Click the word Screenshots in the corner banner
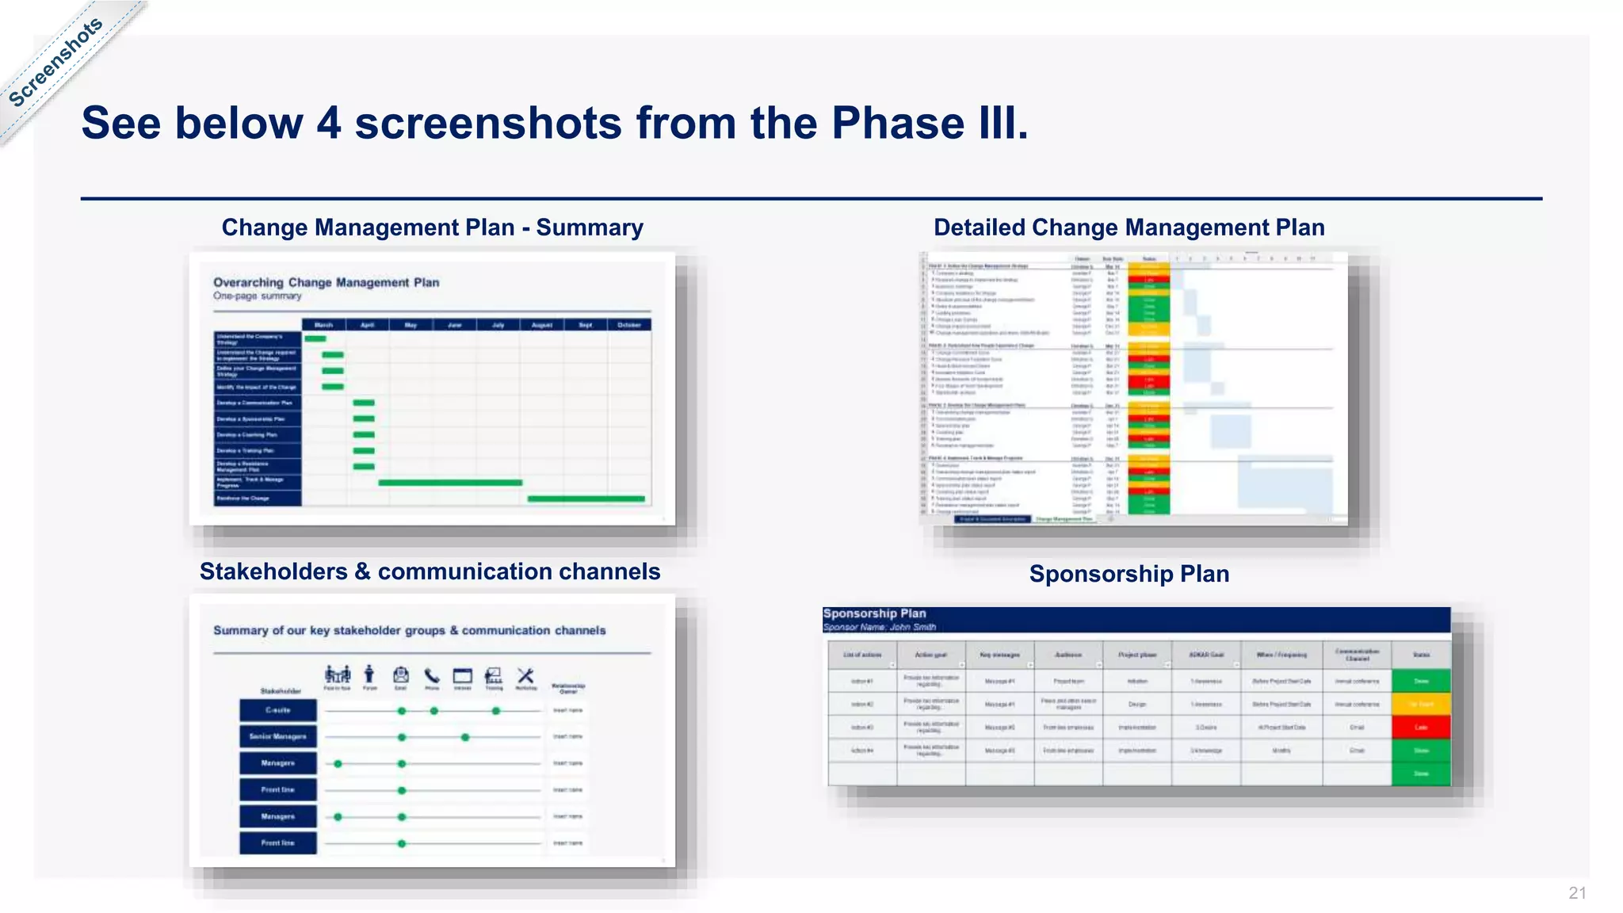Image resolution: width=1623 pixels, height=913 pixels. pos(55,62)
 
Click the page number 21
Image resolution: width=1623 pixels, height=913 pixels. pos(1577,893)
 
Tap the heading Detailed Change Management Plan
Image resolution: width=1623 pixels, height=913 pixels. pos(1128,227)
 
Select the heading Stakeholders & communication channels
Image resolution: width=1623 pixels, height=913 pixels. pos(430,571)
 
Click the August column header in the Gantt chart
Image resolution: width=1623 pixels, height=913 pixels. pos(542,325)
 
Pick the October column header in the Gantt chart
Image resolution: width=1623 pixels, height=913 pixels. pos(629,325)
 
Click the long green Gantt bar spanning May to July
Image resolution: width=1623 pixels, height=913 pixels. pos(450,482)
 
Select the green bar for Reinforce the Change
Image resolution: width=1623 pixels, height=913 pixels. pos(586,499)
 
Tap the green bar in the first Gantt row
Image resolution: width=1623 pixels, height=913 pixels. pos(315,339)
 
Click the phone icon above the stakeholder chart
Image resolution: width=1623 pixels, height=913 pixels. pos(432,676)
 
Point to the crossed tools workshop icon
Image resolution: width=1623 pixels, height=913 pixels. pos(525,675)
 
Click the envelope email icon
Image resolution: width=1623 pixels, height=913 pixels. pos(401,675)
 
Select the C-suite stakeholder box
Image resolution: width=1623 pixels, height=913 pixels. pos(278,710)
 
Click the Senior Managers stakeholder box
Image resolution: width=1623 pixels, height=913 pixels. pos(278,736)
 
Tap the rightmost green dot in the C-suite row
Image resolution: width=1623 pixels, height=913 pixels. pos(496,711)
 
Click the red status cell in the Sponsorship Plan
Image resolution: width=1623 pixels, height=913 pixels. pos(1421,727)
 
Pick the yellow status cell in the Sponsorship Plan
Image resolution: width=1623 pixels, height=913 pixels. pos(1421,704)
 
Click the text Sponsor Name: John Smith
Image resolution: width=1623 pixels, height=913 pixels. pos(879,627)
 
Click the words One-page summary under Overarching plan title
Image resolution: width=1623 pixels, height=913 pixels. pos(257,296)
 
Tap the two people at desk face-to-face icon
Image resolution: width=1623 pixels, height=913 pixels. pos(338,675)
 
